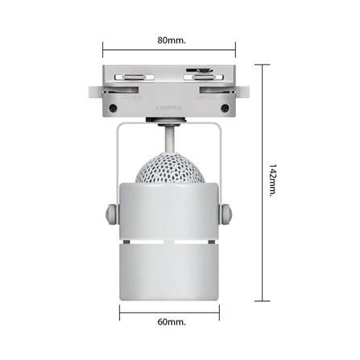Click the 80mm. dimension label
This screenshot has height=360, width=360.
tap(172, 38)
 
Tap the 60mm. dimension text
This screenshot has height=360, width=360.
tap(172, 322)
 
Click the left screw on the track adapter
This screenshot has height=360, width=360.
tap(113, 108)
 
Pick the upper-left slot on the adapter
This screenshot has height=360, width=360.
tap(134, 77)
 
